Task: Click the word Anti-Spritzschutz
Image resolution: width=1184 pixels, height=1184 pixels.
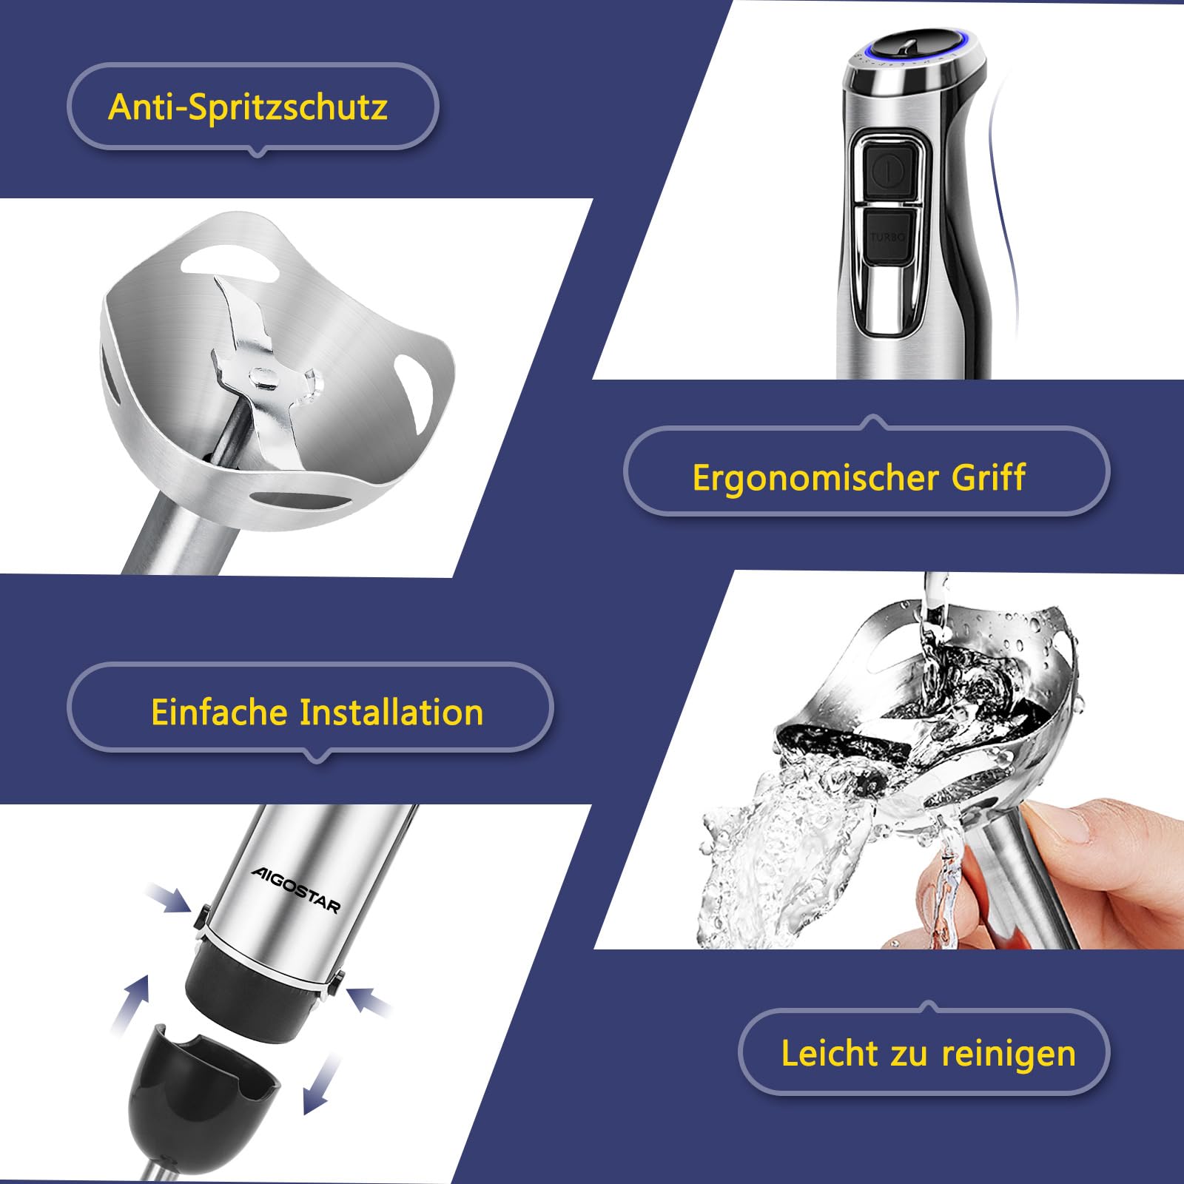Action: (x=248, y=107)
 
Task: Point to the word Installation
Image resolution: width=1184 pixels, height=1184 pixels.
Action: (x=391, y=712)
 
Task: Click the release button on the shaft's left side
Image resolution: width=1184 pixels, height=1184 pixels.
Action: (x=200, y=918)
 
